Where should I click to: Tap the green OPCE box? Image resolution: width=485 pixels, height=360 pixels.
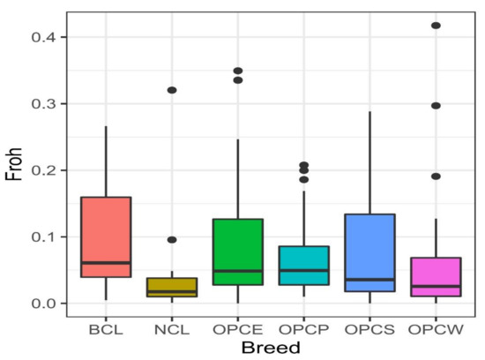point(238,251)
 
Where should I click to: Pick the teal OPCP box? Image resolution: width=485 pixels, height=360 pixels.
point(304,266)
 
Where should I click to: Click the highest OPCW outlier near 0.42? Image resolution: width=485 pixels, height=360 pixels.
point(436,26)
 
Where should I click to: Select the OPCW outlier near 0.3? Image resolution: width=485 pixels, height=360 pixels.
point(436,106)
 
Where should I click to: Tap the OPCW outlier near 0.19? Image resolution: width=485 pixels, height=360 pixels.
point(436,176)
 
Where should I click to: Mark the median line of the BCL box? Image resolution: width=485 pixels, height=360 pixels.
point(105,263)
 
